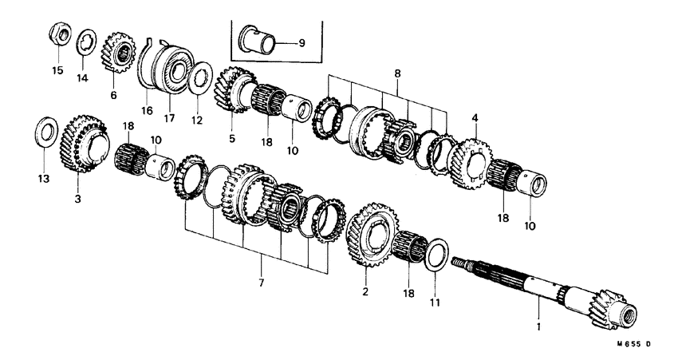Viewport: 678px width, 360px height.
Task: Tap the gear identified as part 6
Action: (x=118, y=53)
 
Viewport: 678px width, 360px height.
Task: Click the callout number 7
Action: (x=262, y=283)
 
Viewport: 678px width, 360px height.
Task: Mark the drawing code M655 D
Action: (x=634, y=344)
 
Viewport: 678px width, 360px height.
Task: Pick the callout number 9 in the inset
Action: (x=302, y=42)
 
